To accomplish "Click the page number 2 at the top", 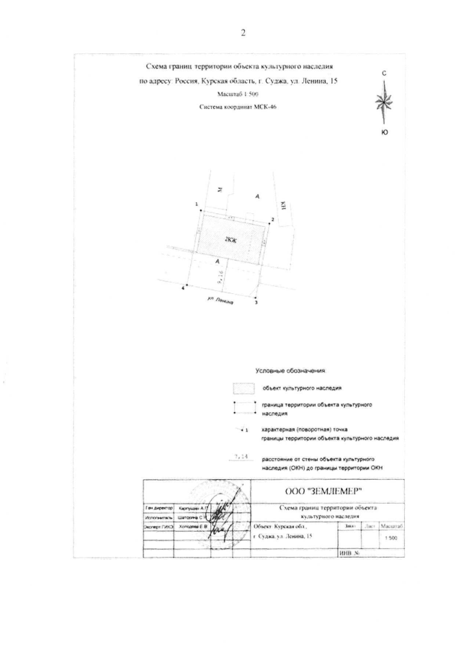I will (243, 33).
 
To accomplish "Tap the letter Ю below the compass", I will (385, 132).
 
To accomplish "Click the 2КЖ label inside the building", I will (231, 240).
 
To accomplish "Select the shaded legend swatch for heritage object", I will (246, 388).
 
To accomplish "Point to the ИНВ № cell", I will (349, 554).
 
